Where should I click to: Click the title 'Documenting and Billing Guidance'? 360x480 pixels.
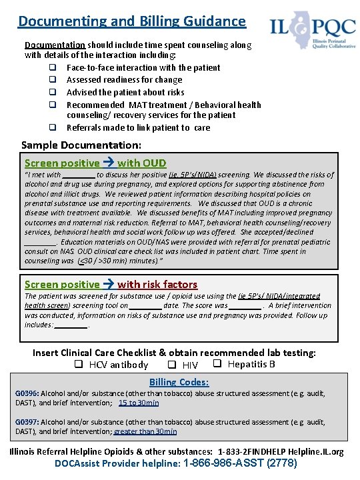[x=132, y=21]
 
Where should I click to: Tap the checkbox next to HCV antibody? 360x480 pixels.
[x=78, y=365]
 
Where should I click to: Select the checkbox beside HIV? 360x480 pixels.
[x=172, y=365]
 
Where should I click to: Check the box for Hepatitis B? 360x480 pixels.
[x=217, y=364]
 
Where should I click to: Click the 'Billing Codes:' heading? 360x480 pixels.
[x=179, y=382]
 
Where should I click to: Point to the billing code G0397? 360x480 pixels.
[x=27, y=422]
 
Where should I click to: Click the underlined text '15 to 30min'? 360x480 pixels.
[x=139, y=403]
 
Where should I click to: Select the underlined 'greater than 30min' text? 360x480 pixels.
[x=145, y=431]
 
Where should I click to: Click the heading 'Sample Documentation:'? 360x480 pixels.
[x=81, y=145]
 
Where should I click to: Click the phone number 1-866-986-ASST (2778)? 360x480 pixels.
[x=239, y=463]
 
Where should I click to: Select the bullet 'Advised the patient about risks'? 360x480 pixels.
[x=125, y=92]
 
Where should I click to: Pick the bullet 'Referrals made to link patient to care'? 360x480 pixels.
[x=138, y=127]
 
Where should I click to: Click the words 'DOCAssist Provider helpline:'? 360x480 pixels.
[x=117, y=463]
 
